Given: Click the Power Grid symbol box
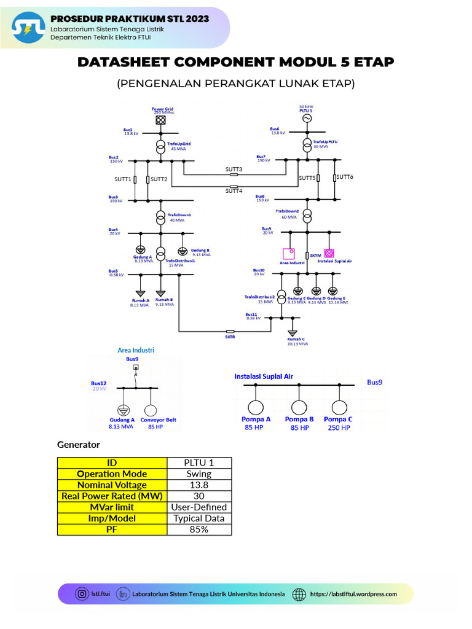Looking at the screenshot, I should point(160,120).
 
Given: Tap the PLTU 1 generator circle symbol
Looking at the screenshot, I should point(306,117).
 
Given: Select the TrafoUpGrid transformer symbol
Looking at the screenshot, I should point(160,147).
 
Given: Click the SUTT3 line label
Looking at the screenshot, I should point(234,169).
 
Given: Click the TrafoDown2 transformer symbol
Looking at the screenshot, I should point(307,216).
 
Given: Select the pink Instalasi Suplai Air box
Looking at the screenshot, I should point(329,252).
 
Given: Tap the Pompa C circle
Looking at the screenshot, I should point(339,408).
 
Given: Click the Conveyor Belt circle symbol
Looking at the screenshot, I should point(151,410).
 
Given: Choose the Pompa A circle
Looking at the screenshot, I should point(255,408).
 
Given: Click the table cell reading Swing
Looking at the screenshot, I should point(199,474).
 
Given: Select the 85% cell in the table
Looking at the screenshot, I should point(199,529).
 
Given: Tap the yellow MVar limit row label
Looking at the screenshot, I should point(112,507).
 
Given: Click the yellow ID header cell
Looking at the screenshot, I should point(112,463).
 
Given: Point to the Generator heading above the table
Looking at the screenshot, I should point(78,443).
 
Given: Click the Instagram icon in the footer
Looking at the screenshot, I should point(82,594).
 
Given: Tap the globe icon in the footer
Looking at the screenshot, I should point(299,594).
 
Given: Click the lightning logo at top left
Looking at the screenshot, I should point(28,28).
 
